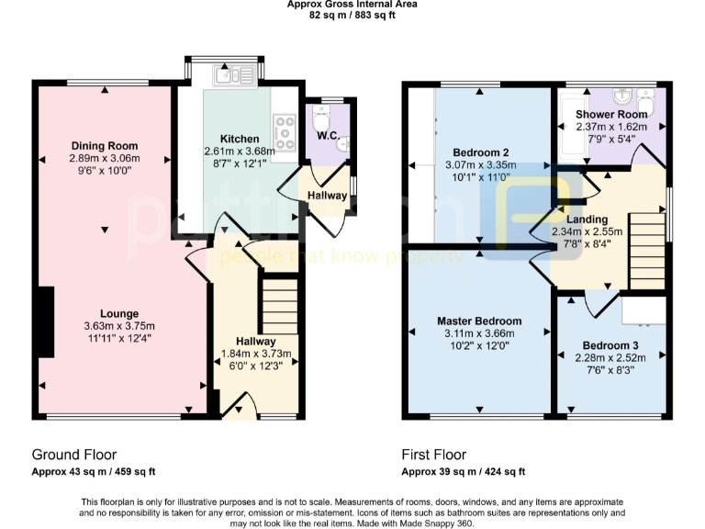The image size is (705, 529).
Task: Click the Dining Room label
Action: click(104, 146)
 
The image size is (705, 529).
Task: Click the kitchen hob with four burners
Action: click(285, 131)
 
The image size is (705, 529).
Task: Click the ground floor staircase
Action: click(279, 307)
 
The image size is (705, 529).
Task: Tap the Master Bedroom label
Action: click(478, 321)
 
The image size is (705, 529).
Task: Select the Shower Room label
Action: click(611, 115)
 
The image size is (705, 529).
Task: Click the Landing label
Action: click(586, 219)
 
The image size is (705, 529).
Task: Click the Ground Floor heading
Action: click(74, 455)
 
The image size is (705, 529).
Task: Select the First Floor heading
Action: click(433, 455)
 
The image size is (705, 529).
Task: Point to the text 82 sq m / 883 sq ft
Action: click(352, 16)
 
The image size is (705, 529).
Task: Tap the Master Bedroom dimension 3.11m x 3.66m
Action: click(478, 334)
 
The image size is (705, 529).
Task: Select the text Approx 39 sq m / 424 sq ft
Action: click(463, 472)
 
